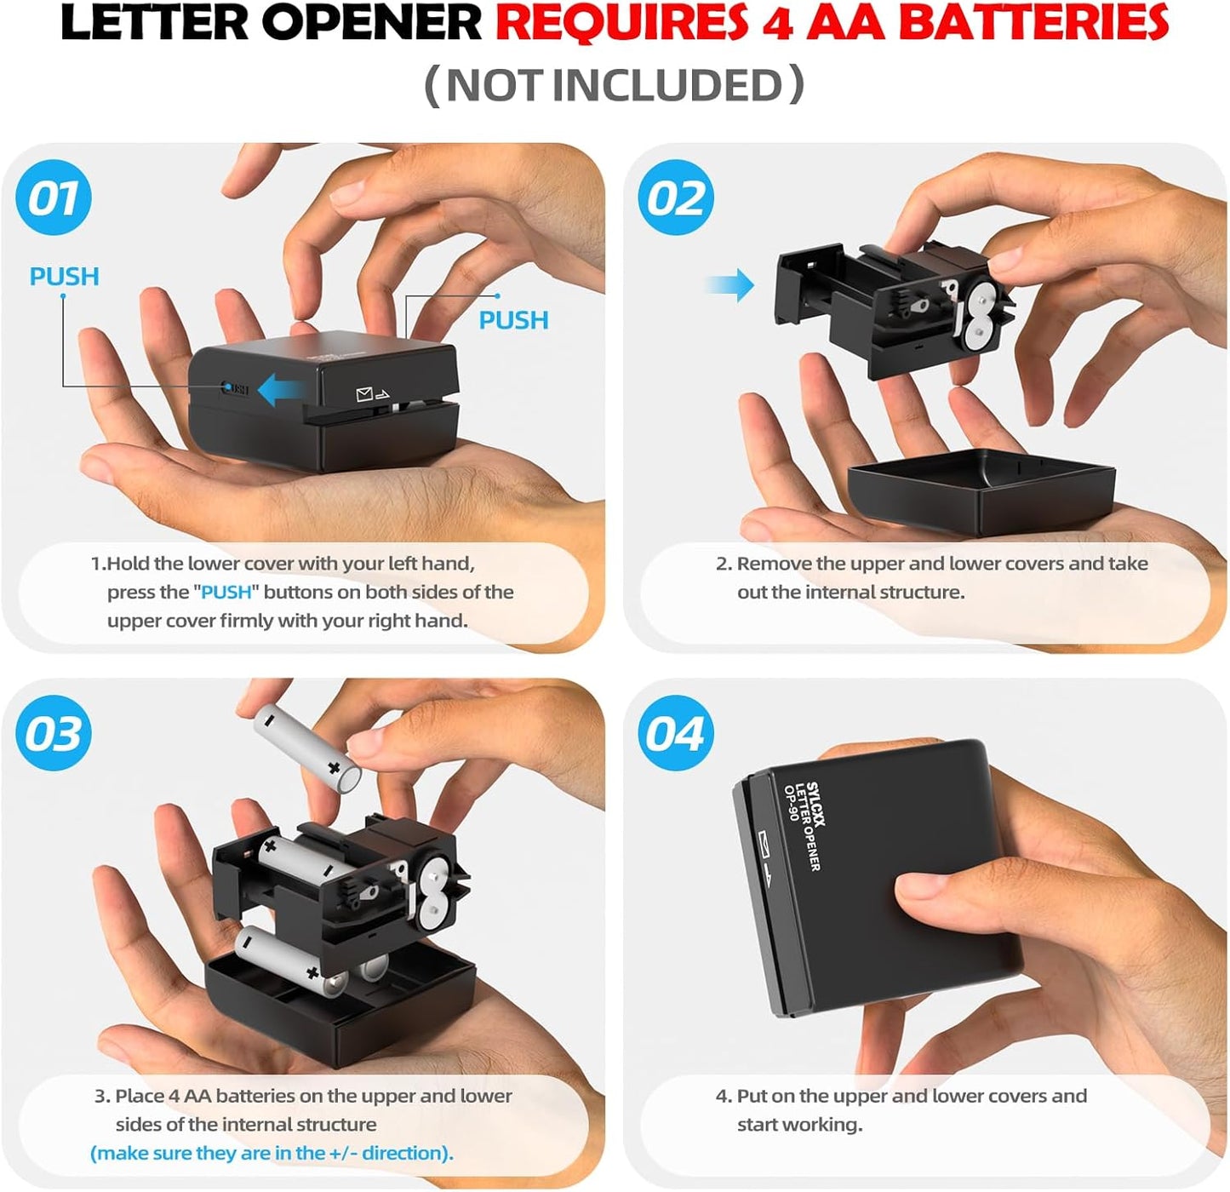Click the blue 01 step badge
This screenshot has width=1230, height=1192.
[54, 198]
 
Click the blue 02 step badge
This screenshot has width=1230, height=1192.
[676, 198]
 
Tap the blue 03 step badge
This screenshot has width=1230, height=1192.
[54, 733]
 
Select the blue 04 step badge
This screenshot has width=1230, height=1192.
[676, 733]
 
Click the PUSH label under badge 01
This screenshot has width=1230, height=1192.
[64, 277]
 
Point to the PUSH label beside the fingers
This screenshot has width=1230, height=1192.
[513, 320]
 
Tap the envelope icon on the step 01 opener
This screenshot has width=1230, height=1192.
[365, 394]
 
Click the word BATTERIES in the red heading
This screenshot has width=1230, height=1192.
[1033, 23]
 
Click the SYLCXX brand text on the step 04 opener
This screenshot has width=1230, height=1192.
[815, 805]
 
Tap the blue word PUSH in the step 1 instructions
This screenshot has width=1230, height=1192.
[226, 593]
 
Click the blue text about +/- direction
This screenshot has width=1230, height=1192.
[272, 1154]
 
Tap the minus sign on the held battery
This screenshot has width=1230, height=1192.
[269, 720]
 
